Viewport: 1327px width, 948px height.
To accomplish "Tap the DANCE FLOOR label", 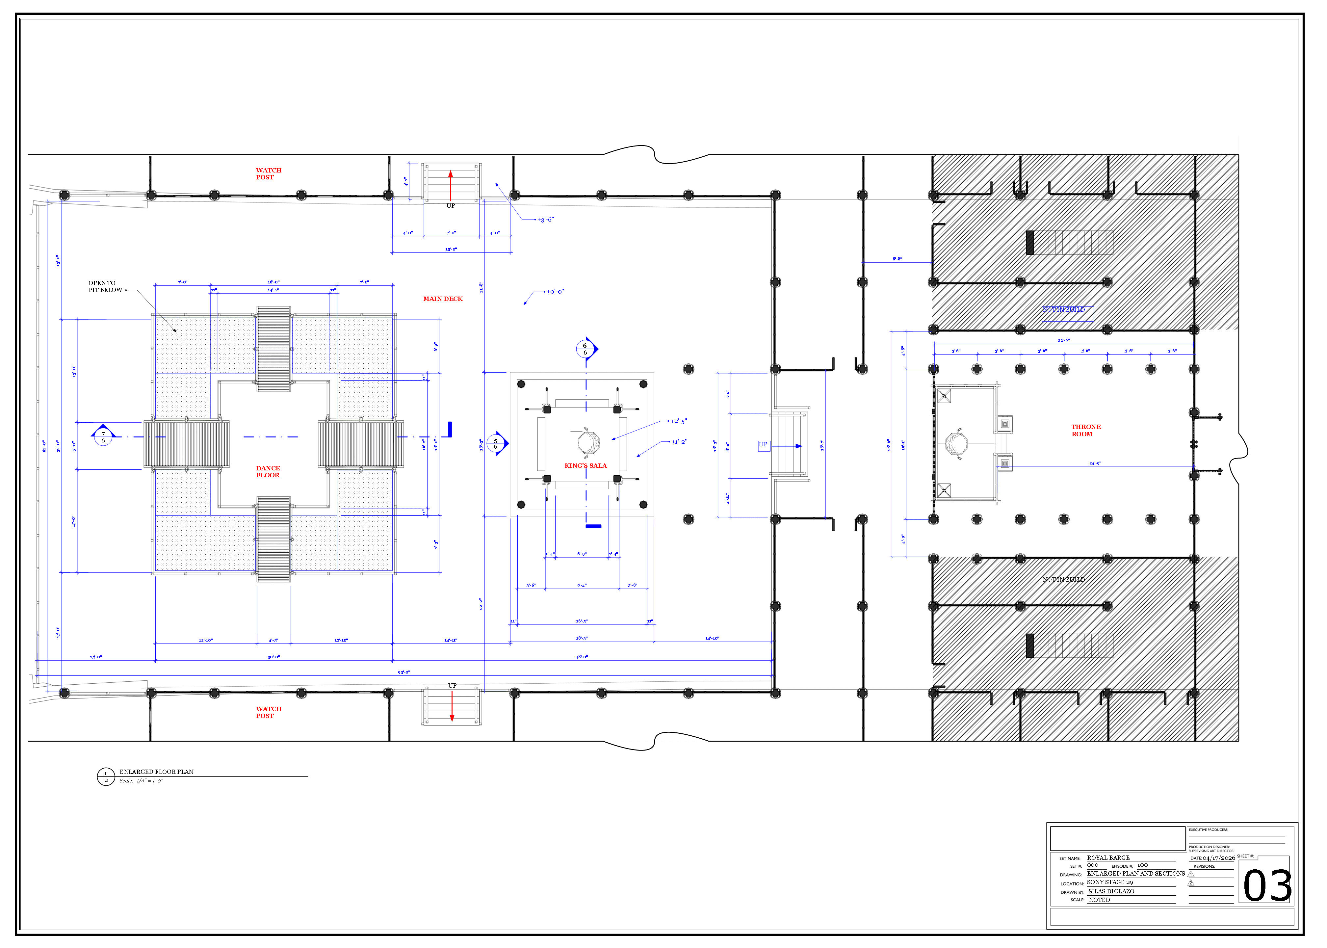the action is coord(268,472).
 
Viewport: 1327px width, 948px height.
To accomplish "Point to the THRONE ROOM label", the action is coord(1085,430).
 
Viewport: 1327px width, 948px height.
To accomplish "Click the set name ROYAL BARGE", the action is coord(1108,857).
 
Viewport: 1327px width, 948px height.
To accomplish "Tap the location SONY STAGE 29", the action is coord(1110,882).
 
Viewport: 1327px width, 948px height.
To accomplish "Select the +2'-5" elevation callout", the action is coord(679,421).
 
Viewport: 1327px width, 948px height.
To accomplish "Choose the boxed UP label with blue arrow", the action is coord(763,445).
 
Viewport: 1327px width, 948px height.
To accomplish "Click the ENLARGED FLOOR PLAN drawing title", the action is coord(156,772).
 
